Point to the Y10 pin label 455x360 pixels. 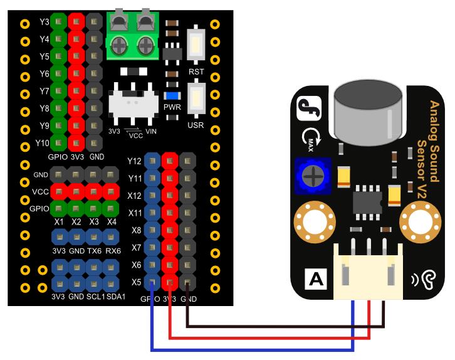[43, 142]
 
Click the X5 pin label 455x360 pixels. [134, 282]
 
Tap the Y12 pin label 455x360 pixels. [134, 161]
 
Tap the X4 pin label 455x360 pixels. [112, 221]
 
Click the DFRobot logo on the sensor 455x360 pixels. [310, 106]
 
